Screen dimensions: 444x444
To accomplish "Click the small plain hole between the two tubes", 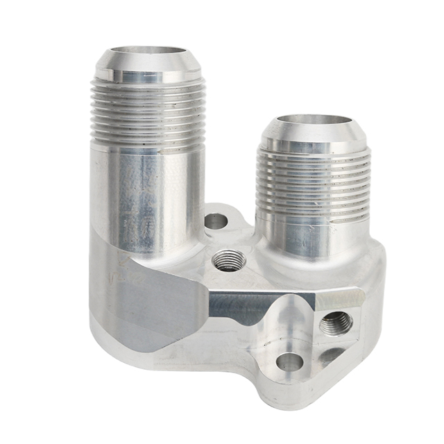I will (x=216, y=222).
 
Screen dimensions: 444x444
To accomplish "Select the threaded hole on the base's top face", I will (x=228, y=261).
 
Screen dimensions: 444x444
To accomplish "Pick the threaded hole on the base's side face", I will (x=336, y=323).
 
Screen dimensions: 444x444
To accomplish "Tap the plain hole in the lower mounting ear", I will (x=289, y=361).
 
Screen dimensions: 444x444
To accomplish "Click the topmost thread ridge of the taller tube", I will (x=148, y=85).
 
